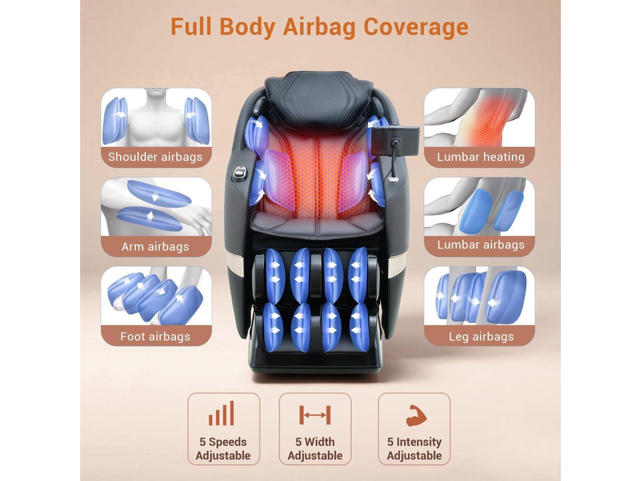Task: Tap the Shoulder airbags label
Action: pyautogui.click(x=155, y=157)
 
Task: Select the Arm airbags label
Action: pyautogui.click(x=155, y=247)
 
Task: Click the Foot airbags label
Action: pyautogui.click(x=155, y=336)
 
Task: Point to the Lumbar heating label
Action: pyautogui.click(x=481, y=157)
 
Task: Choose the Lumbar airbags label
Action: pyautogui.click(x=481, y=245)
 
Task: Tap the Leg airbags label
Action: pyautogui.click(x=481, y=336)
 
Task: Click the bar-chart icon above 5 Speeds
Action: pyautogui.click(x=222, y=414)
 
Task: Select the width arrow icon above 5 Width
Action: pyautogui.click(x=315, y=415)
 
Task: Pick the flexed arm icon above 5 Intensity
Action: pyautogui.click(x=416, y=415)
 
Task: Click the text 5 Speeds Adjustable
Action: pyautogui.click(x=223, y=448)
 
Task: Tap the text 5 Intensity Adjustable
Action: pyautogui.click(x=414, y=448)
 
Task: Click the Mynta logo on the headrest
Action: pyautogui.click(x=319, y=97)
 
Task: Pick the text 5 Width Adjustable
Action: pyautogui.click(x=315, y=448)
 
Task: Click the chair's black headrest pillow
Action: pyautogui.click(x=319, y=100)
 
